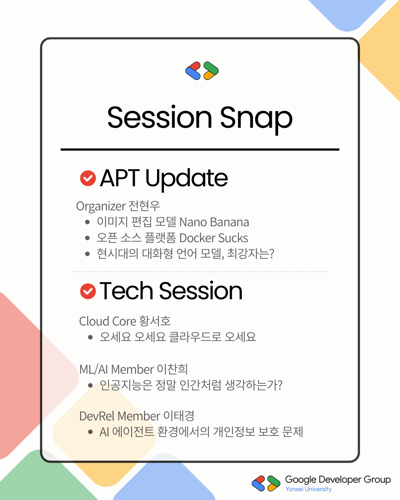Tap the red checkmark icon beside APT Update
[x=88, y=178]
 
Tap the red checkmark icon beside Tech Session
[x=88, y=291]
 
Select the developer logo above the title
[x=202, y=71]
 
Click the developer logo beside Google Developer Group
[x=266, y=483]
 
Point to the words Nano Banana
[x=214, y=222]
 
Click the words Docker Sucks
[x=214, y=238]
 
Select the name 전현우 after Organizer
[x=144, y=206]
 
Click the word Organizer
[x=101, y=207]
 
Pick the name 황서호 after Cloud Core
[x=155, y=321]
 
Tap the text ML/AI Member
[x=116, y=369]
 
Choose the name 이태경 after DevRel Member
[x=179, y=416]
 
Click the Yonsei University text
[x=309, y=489]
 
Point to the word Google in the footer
[x=301, y=480]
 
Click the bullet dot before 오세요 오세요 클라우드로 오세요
[x=90, y=337]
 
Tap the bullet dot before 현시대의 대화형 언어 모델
[x=87, y=254]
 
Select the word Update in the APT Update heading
[x=187, y=179]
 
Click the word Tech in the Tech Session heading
[x=126, y=291]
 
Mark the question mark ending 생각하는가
[x=280, y=385]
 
